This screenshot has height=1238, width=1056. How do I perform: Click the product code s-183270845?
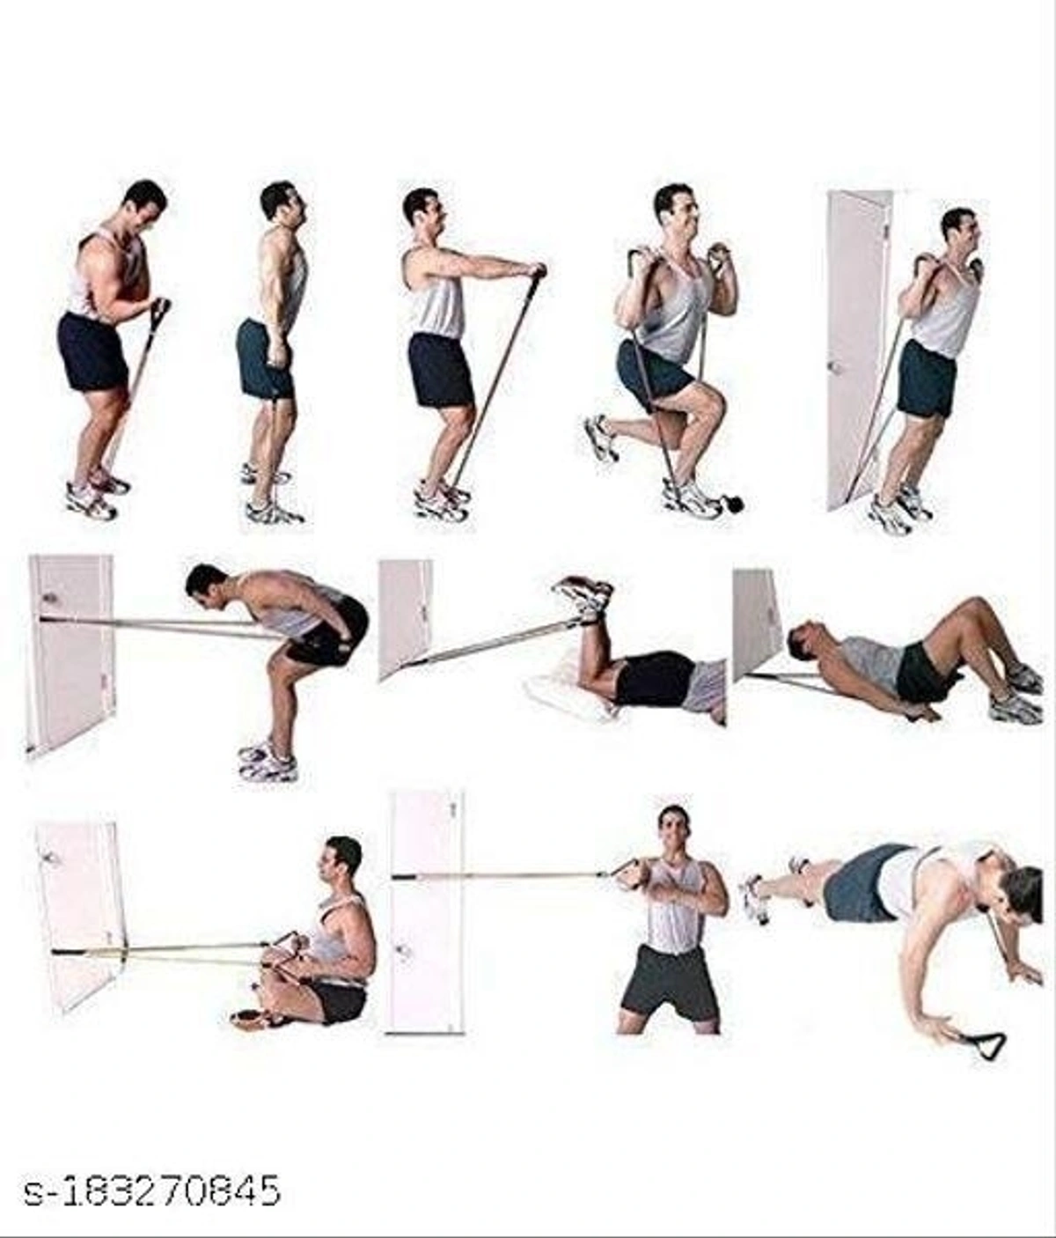point(152,1190)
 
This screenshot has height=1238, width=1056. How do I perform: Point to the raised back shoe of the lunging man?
point(601,438)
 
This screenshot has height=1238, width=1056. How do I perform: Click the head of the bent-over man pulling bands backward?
point(207,581)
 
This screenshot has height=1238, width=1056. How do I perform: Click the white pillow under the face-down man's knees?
point(568,696)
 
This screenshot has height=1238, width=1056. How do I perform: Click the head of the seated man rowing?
point(341,859)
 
